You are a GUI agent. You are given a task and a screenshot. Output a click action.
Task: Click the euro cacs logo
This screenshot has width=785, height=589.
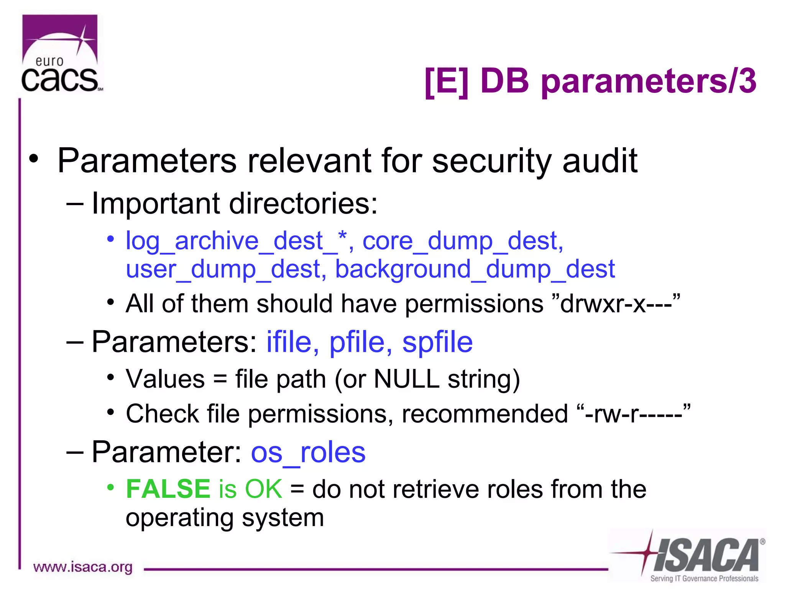click(61, 54)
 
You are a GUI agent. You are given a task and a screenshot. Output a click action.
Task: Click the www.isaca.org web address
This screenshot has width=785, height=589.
click(83, 567)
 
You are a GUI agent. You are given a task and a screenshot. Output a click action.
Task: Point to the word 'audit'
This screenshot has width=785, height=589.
click(600, 161)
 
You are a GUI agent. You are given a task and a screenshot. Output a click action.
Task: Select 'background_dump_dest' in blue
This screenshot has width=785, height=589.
click(475, 270)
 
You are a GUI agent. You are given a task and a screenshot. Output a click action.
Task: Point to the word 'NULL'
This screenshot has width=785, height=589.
click(406, 379)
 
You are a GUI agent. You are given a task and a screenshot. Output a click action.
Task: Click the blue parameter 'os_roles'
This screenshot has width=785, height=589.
click(308, 452)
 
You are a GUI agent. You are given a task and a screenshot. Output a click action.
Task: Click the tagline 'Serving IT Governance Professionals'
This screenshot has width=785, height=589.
click(704, 578)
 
